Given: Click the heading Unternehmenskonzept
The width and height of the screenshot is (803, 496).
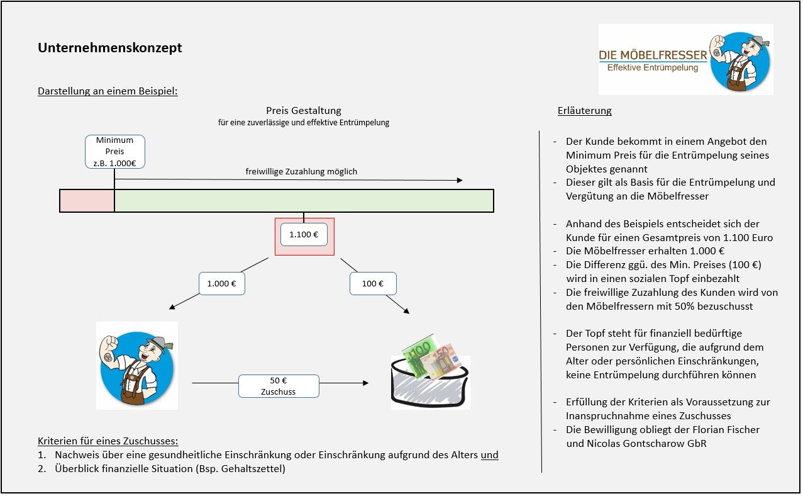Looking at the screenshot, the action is [109, 48].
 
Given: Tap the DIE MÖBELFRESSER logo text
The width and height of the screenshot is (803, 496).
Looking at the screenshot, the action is [653, 55].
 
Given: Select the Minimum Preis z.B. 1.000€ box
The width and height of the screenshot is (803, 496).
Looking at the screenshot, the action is [115, 152].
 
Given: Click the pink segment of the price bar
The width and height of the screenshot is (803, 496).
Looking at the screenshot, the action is [87, 201].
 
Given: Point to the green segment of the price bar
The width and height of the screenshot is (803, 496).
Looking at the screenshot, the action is [304, 201].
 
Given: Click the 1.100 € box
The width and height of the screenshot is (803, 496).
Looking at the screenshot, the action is [304, 235].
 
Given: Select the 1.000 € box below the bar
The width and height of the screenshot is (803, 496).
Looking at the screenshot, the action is [222, 283].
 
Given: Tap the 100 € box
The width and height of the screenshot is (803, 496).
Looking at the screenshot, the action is [373, 283].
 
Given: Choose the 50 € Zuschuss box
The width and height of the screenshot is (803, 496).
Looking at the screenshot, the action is [279, 386].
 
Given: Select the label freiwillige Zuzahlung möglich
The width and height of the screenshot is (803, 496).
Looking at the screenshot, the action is [301, 172].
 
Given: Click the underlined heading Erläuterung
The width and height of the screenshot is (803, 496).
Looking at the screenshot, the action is [584, 111].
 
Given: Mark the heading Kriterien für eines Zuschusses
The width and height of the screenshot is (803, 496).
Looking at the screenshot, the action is [108, 441].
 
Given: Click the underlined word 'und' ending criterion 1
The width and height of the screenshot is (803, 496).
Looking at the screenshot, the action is [490, 455].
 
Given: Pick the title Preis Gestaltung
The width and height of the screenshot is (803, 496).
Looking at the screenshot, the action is [304, 111].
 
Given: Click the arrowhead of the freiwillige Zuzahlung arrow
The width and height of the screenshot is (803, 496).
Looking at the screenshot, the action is [460, 180].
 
